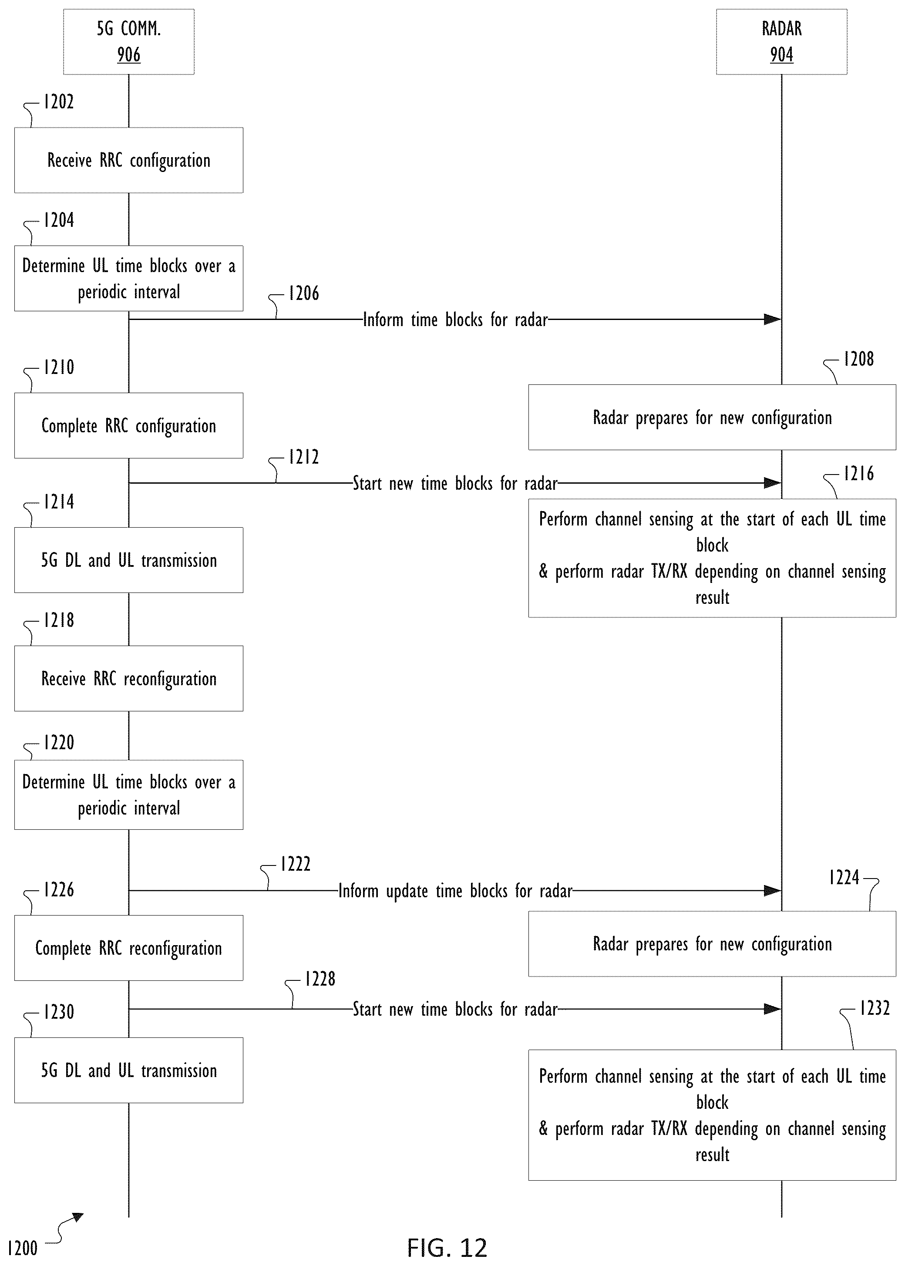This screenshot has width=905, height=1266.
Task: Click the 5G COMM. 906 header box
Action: click(129, 42)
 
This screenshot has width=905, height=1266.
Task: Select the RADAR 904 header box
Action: click(781, 42)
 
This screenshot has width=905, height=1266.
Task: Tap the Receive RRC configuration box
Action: click(129, 161)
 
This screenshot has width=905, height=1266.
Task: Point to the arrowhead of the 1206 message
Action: click(772, 319)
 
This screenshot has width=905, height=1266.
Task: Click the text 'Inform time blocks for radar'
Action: click(455, 320)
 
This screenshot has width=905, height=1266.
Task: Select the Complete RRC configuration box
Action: click(129, 426)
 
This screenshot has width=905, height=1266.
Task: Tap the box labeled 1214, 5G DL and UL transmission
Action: click(129, 560)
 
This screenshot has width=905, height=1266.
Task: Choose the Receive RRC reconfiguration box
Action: click(129, 679)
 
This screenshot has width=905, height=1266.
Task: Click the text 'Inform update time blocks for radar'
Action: click(455, 891)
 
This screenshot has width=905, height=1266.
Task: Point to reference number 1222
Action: click(295, 864)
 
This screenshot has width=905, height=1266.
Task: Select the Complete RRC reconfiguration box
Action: click(129, 948)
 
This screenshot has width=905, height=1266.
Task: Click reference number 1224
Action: click(844, 878)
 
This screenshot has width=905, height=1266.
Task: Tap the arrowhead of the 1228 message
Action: click(772, 1009)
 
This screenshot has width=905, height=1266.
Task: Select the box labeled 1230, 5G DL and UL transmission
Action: click(129, 1071)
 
